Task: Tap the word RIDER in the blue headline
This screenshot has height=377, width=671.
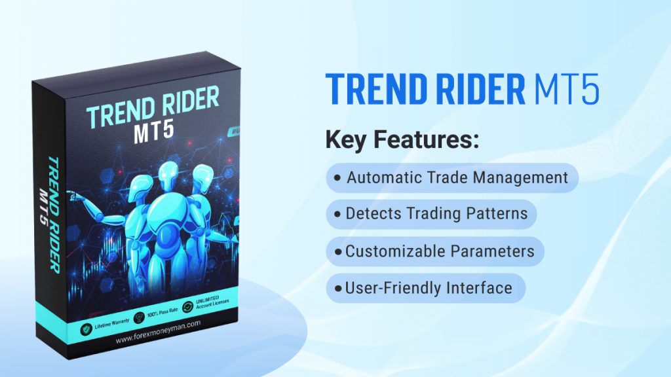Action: (472, 90)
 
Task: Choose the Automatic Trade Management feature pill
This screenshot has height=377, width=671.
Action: (451, 177)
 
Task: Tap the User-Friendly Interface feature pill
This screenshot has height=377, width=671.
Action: (425, 287)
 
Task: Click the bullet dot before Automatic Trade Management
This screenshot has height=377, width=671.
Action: (337, 178)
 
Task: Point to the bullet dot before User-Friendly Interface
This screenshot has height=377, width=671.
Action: (337, 288)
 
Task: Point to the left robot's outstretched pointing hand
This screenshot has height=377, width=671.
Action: (71, 196)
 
